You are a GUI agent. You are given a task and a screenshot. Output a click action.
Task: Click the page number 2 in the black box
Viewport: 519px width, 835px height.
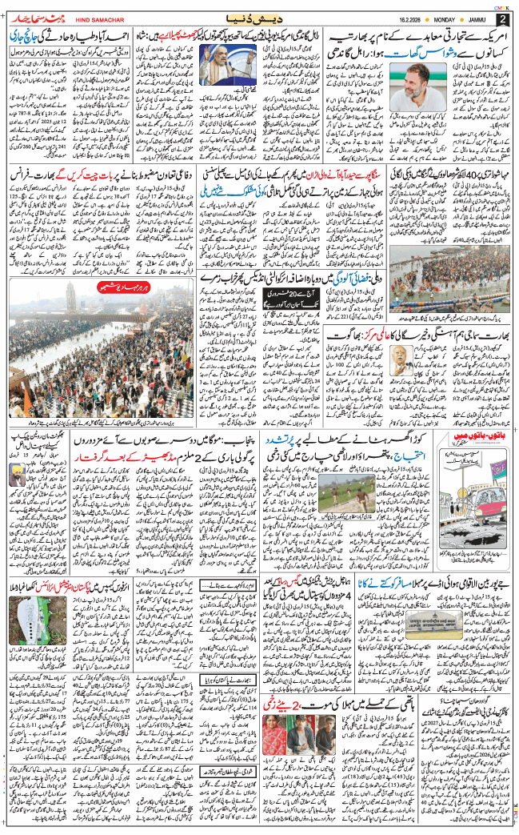click(502, 18)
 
